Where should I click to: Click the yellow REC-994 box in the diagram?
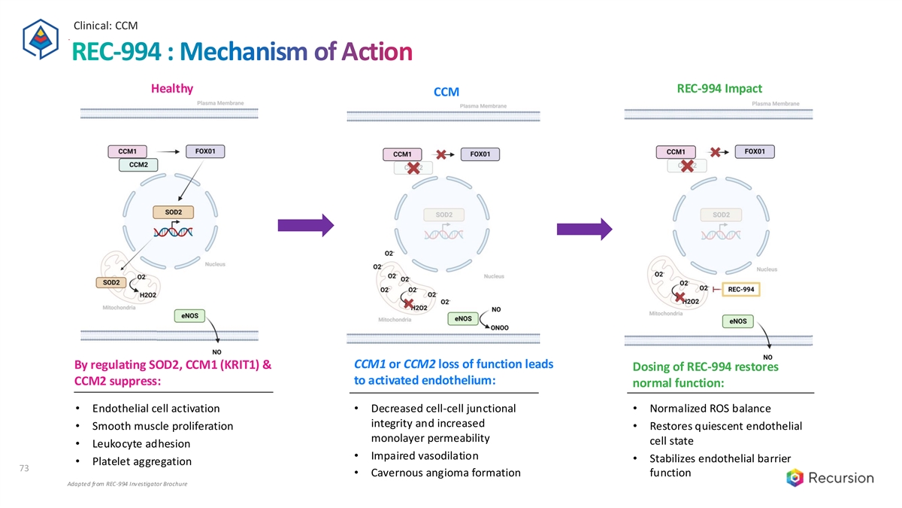tap(741, 289)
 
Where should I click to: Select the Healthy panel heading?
tap(172, 88)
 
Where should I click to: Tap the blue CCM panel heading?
tap(446, 92)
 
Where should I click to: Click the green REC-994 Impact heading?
tap(719, 88)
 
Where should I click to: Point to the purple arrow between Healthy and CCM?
tap(304, 224)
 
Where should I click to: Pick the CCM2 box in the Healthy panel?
tap(138, 164)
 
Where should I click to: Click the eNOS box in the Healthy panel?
tap(189, 315)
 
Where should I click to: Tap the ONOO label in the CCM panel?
tap(500, 327)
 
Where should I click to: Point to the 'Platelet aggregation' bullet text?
tap(141, 461)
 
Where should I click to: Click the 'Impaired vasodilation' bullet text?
tap(425, 456)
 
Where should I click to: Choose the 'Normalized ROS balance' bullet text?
tap(709, 409)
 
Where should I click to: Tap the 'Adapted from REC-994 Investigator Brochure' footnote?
tap(127, 484)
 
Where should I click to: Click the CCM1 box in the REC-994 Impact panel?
tap(676, 151)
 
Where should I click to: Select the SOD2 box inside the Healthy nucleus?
tap(173, 212)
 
